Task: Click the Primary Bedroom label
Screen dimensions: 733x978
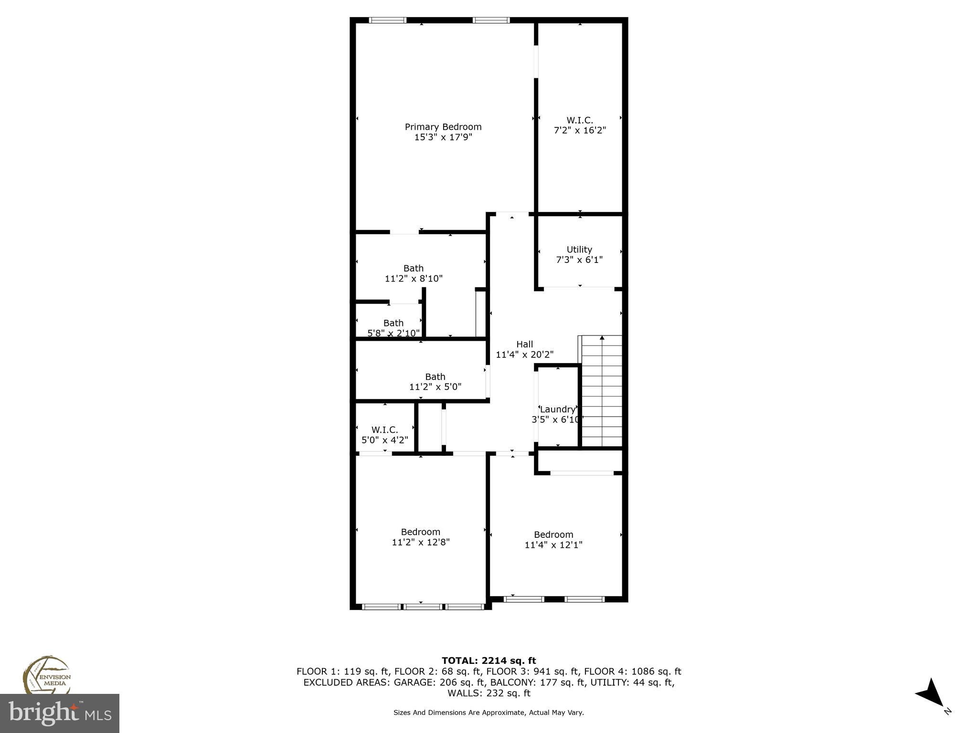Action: coord(443,127)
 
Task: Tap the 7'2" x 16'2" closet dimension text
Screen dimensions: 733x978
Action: coord(580,130)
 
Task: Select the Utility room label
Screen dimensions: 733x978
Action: coord(579,250)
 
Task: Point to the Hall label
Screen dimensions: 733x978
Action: coord(524,344)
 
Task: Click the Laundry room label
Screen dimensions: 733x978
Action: coord(557,409)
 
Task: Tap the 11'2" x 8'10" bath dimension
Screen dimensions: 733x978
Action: coord(414,279)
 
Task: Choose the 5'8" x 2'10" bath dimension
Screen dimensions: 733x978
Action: coord(393,333)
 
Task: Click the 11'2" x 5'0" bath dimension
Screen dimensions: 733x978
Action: coord(435,387)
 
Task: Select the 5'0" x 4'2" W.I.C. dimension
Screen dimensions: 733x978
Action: coord(384,440)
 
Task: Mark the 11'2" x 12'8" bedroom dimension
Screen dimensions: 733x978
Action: coord(420,542)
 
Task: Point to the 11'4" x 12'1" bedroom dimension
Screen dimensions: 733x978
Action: coord(553,545)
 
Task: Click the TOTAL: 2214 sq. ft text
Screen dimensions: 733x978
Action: coord(489,661)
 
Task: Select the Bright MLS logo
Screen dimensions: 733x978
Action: coord(59,713)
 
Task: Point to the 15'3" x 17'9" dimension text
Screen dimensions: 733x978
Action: coord(443,137)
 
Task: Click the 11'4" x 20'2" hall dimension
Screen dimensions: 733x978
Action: coord(524,355)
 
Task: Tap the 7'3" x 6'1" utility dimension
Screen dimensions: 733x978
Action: coord(579,260)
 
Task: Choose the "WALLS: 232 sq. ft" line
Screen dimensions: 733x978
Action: coord(489,693)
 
